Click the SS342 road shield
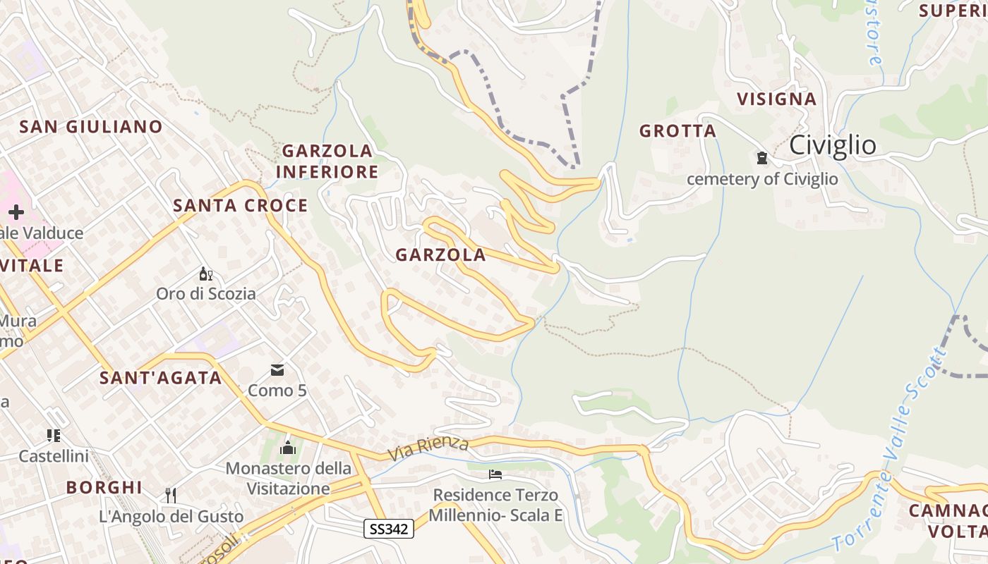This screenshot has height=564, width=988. click(389, 529)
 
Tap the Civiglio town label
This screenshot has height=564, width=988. click(833, 145)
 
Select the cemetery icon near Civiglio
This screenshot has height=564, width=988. click(762, 158)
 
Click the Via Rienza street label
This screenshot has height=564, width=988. click(428, 448)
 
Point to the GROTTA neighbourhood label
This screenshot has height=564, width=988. click(677, 131)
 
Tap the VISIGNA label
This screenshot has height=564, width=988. click(777, 99)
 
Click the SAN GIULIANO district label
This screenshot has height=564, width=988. click(91, 127)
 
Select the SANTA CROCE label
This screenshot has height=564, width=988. click(241, 206)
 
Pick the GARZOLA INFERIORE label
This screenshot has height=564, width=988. click(327, 161)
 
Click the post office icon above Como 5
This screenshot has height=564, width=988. click(277, 370)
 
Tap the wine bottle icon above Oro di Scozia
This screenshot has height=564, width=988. click(205, 274)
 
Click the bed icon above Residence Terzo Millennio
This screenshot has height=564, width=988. click(496, 474)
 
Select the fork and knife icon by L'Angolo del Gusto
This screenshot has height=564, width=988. click(170, 495)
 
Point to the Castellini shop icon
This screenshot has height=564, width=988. click(54, 436)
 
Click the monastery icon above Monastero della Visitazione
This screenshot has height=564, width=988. click(288, 448)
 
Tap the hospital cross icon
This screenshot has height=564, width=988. click(16, 212)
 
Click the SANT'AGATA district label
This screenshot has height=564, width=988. click(161, 378)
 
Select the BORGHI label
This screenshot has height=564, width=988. click(104, 487)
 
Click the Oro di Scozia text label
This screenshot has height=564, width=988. click(206, 294)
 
